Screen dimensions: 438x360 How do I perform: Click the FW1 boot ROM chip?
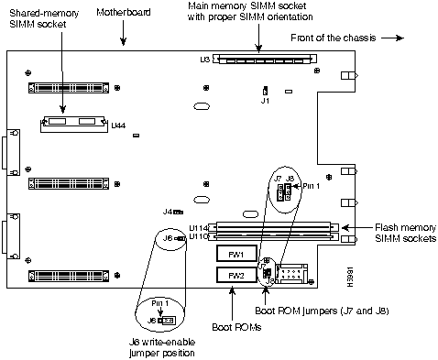[236, 254]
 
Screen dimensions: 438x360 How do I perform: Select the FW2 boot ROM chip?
[236, 275]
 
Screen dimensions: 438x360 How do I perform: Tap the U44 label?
[118, 125]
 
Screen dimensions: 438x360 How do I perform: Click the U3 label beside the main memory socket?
[205, 60]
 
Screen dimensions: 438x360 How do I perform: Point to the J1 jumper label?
[265, 101]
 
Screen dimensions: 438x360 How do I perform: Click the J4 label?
[168, 212]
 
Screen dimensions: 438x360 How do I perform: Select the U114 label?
[199, 228]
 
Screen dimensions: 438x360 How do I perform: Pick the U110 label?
[199, 236]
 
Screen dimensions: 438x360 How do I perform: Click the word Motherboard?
[124, 12]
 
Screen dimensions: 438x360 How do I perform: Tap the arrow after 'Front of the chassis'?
[392, 38]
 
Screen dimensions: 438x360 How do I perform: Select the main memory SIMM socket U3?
[265, 59]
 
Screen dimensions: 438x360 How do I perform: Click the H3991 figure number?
[350, 277]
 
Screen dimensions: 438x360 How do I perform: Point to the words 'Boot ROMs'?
[236, 327]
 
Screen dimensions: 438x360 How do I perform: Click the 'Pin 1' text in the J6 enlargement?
[160, 303]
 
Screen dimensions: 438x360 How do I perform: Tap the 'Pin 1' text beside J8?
[312, 186]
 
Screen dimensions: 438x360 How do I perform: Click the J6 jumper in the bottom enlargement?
[167, 321]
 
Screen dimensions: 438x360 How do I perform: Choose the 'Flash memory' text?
[405, 227]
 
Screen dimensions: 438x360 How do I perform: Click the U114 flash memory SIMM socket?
[273, 227]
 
